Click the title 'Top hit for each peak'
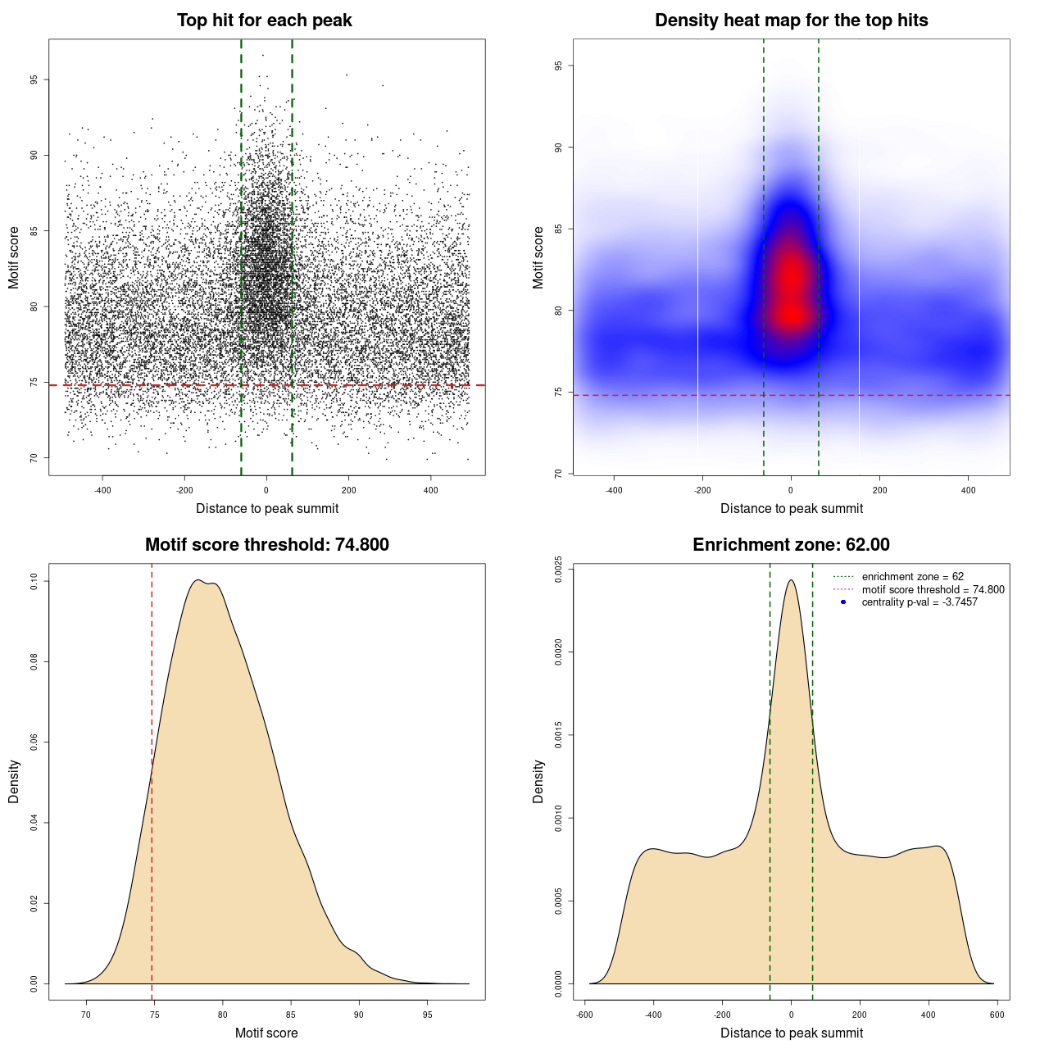tap(264, 20)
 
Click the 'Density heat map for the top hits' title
tap(791, 20)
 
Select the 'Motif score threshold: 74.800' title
tap(266, 545)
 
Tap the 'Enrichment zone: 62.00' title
tap(791, 545)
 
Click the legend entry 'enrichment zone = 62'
tap(912, 577)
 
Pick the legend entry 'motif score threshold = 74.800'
tap(933, 589)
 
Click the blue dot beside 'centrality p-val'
tap(843, 602)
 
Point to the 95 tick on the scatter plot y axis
tap(34, 79)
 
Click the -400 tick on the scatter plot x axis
tap(102, 490)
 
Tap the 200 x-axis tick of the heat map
tap(879, 490)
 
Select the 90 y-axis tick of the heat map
tap(558, 148)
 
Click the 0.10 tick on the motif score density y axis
tap(34, 582)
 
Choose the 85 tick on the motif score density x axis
tap(290, 1015)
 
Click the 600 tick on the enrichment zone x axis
tap(997, 1015)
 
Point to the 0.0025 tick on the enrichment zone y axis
tap(558, 567)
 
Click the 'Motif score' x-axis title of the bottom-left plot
tap(266, 1033)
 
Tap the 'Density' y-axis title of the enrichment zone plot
tap(538, 781)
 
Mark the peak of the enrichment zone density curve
tap(791, 580)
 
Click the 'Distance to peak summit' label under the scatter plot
tap(266, 508)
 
